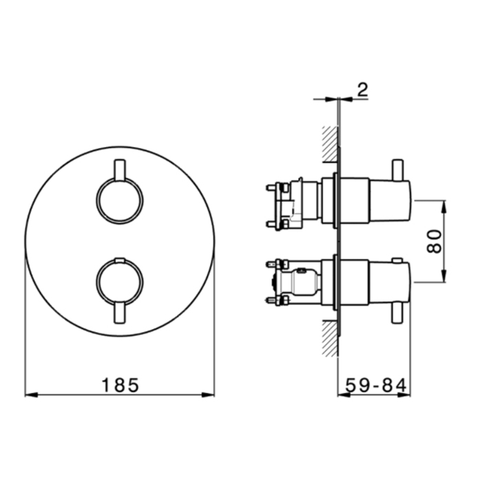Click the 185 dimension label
click(x=120, y=385)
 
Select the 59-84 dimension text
click(x=376, y=385)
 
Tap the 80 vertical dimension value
click(x=434, y=241)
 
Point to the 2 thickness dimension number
click(x=363, y=90)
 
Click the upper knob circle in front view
click(x=96, y=201)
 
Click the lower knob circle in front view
click(x=96, y=281)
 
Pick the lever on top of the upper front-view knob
click(x=120, y=170)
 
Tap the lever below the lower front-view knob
click(x=120, y=313)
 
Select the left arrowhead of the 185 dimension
click(x=31, y=395)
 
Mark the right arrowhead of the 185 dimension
click(x=208, y=395)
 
